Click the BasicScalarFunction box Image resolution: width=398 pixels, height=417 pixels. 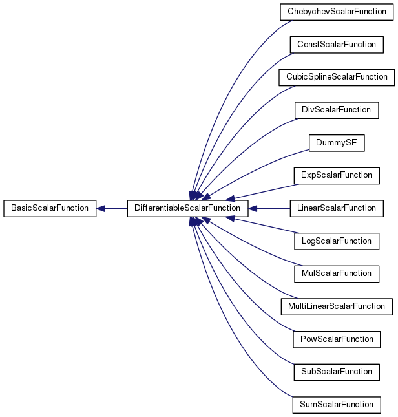point(50,208)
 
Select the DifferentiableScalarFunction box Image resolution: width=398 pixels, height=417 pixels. point(187,208)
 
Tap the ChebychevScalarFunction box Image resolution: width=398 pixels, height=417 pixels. point(337,12)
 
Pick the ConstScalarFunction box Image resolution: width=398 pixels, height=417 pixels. point(337,45)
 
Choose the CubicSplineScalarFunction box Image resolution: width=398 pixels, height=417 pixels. point(337,78)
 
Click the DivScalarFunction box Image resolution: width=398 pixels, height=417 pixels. point(337,110)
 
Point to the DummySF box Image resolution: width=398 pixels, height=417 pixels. point(337,143)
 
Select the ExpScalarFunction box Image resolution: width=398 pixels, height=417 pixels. point(337,176)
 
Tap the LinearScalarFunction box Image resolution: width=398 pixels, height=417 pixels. point(337,208)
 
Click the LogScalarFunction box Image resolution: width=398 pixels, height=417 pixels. point(337,242)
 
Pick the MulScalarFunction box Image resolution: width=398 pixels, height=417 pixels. point(337,274)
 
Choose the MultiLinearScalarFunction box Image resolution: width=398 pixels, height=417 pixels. point(337,307)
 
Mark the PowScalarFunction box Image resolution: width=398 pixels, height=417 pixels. point(337,339)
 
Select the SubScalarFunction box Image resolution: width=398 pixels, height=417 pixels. point(337,372)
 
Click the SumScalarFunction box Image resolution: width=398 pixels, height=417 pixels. point(337,405)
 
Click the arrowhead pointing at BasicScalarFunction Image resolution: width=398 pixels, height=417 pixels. point(101,208)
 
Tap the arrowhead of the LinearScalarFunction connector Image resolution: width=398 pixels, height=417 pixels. point(253,208)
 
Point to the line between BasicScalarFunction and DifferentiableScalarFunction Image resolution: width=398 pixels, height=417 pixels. point(116,208)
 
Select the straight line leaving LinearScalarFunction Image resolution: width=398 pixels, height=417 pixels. point(273,208)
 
